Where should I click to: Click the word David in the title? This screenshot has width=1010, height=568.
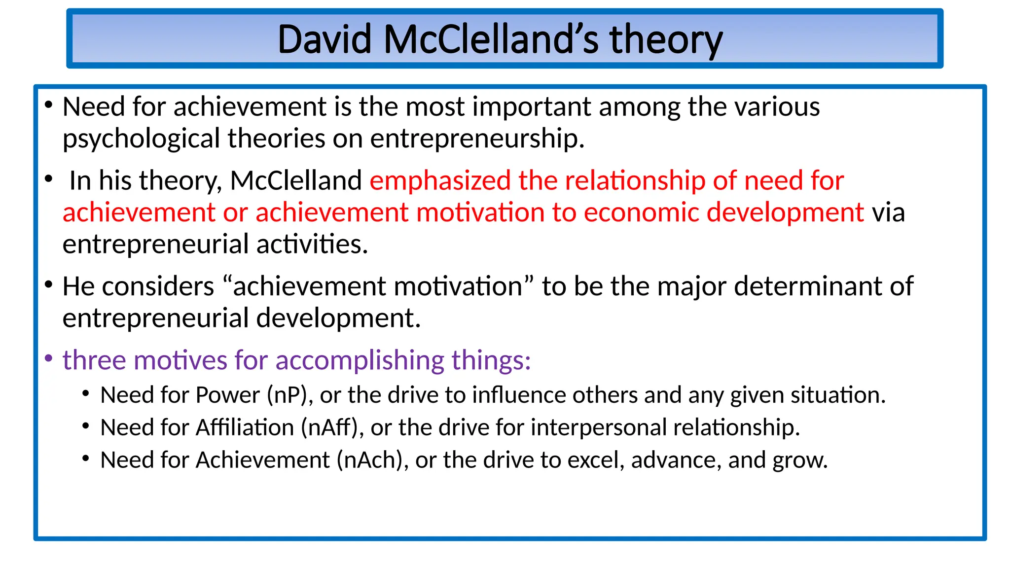[x=324, y=39]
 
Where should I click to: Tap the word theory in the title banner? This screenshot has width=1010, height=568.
[x=666, y=39]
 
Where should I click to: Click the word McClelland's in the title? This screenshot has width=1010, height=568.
[x=491, y=39]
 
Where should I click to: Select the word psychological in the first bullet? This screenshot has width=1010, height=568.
[x=141, y=139]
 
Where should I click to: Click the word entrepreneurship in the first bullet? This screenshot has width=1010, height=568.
[x=476, y=139]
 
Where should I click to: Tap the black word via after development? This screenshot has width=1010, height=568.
[x=888, y=213]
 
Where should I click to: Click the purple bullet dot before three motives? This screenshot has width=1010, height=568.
[x=48, y=358]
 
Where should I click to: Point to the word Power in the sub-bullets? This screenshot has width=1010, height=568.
[x=228, y=395]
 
